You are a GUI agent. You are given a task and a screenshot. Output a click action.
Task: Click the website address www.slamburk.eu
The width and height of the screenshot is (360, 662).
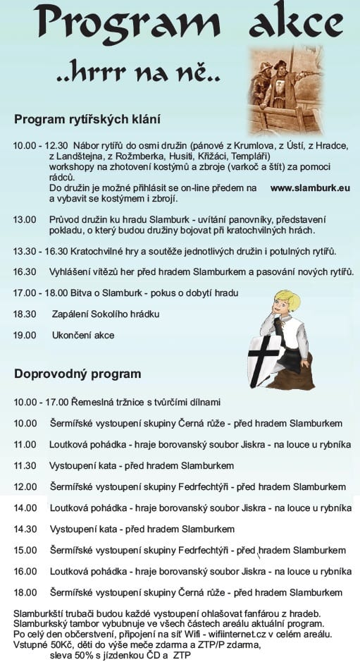pyautogui.click(x=310, y=188)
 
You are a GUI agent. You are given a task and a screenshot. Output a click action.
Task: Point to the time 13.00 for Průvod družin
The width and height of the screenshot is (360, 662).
pyautogui.click(x=25, y=220)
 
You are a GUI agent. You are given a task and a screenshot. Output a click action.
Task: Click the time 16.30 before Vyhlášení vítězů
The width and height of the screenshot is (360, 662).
pyautogui.click(x=25, y=271)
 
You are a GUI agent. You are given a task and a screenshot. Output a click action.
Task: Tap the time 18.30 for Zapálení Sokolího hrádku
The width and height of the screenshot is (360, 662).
pyautogui.click(x=25, y=314)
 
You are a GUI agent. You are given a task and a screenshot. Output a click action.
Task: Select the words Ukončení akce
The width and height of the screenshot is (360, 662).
pyautogui.click(x=83, y=335)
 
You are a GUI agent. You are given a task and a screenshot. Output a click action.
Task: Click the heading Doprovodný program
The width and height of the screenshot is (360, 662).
pyautogui.click(x=77, y=374)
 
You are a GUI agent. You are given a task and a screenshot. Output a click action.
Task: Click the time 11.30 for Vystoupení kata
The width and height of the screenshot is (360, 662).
pyautogui.click(x=25, y=465)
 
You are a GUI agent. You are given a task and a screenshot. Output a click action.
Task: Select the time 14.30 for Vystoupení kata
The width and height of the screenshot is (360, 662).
pyautogui.click(x=25, y=529)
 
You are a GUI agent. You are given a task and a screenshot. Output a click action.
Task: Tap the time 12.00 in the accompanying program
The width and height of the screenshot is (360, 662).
pyautogui.click(x=25, y=486)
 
